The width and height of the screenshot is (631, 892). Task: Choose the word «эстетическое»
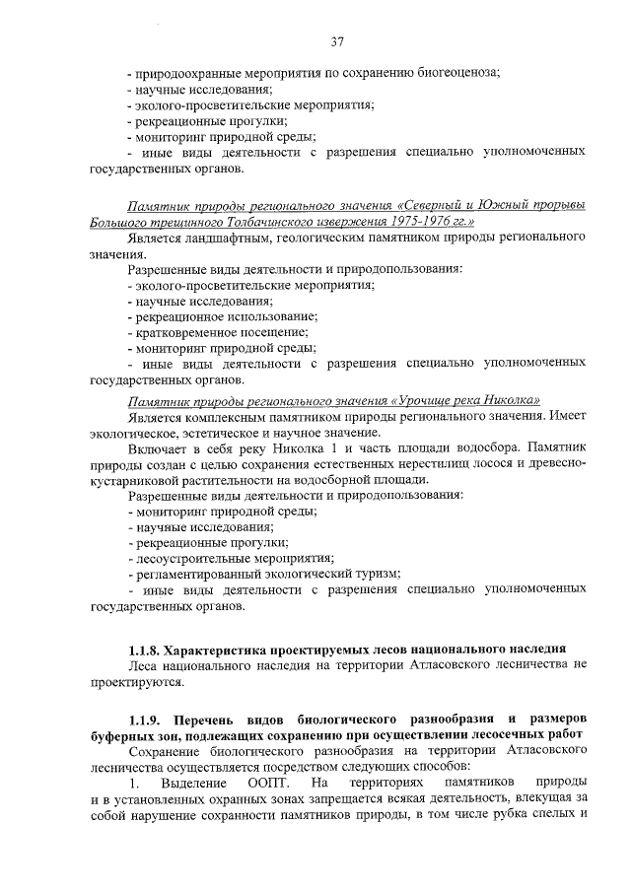(x=220, y=433)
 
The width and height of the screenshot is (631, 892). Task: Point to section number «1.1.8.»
(x=145, y=651)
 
